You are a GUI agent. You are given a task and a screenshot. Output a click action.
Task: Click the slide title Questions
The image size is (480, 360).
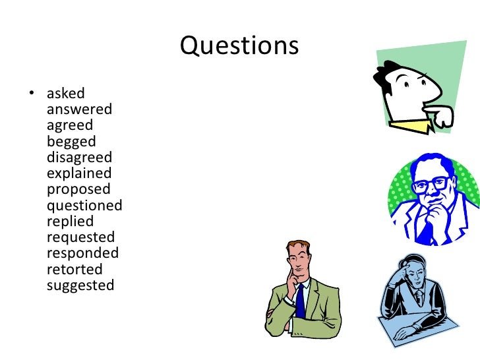239,45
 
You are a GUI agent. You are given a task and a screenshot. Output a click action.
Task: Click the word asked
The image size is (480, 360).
65,94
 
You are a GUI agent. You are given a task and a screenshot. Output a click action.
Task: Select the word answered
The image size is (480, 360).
79,109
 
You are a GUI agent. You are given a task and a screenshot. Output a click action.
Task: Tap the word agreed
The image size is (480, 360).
70,125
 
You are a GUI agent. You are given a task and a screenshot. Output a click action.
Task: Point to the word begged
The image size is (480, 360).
71,142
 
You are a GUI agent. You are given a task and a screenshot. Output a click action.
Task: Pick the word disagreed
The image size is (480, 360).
79,158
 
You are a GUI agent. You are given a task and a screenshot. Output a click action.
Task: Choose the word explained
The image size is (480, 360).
79,173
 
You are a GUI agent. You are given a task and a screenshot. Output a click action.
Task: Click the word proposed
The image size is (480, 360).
78,190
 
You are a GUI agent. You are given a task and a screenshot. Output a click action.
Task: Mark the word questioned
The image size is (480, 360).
84,206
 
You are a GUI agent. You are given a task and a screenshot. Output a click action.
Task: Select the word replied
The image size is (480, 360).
70,222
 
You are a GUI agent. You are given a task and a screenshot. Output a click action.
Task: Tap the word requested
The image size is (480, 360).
80,237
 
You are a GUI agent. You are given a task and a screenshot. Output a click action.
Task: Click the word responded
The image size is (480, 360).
82,253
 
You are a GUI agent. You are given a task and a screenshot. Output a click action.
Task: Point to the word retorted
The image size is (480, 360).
75,270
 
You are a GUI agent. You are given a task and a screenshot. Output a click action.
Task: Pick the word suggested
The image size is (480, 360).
80,285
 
